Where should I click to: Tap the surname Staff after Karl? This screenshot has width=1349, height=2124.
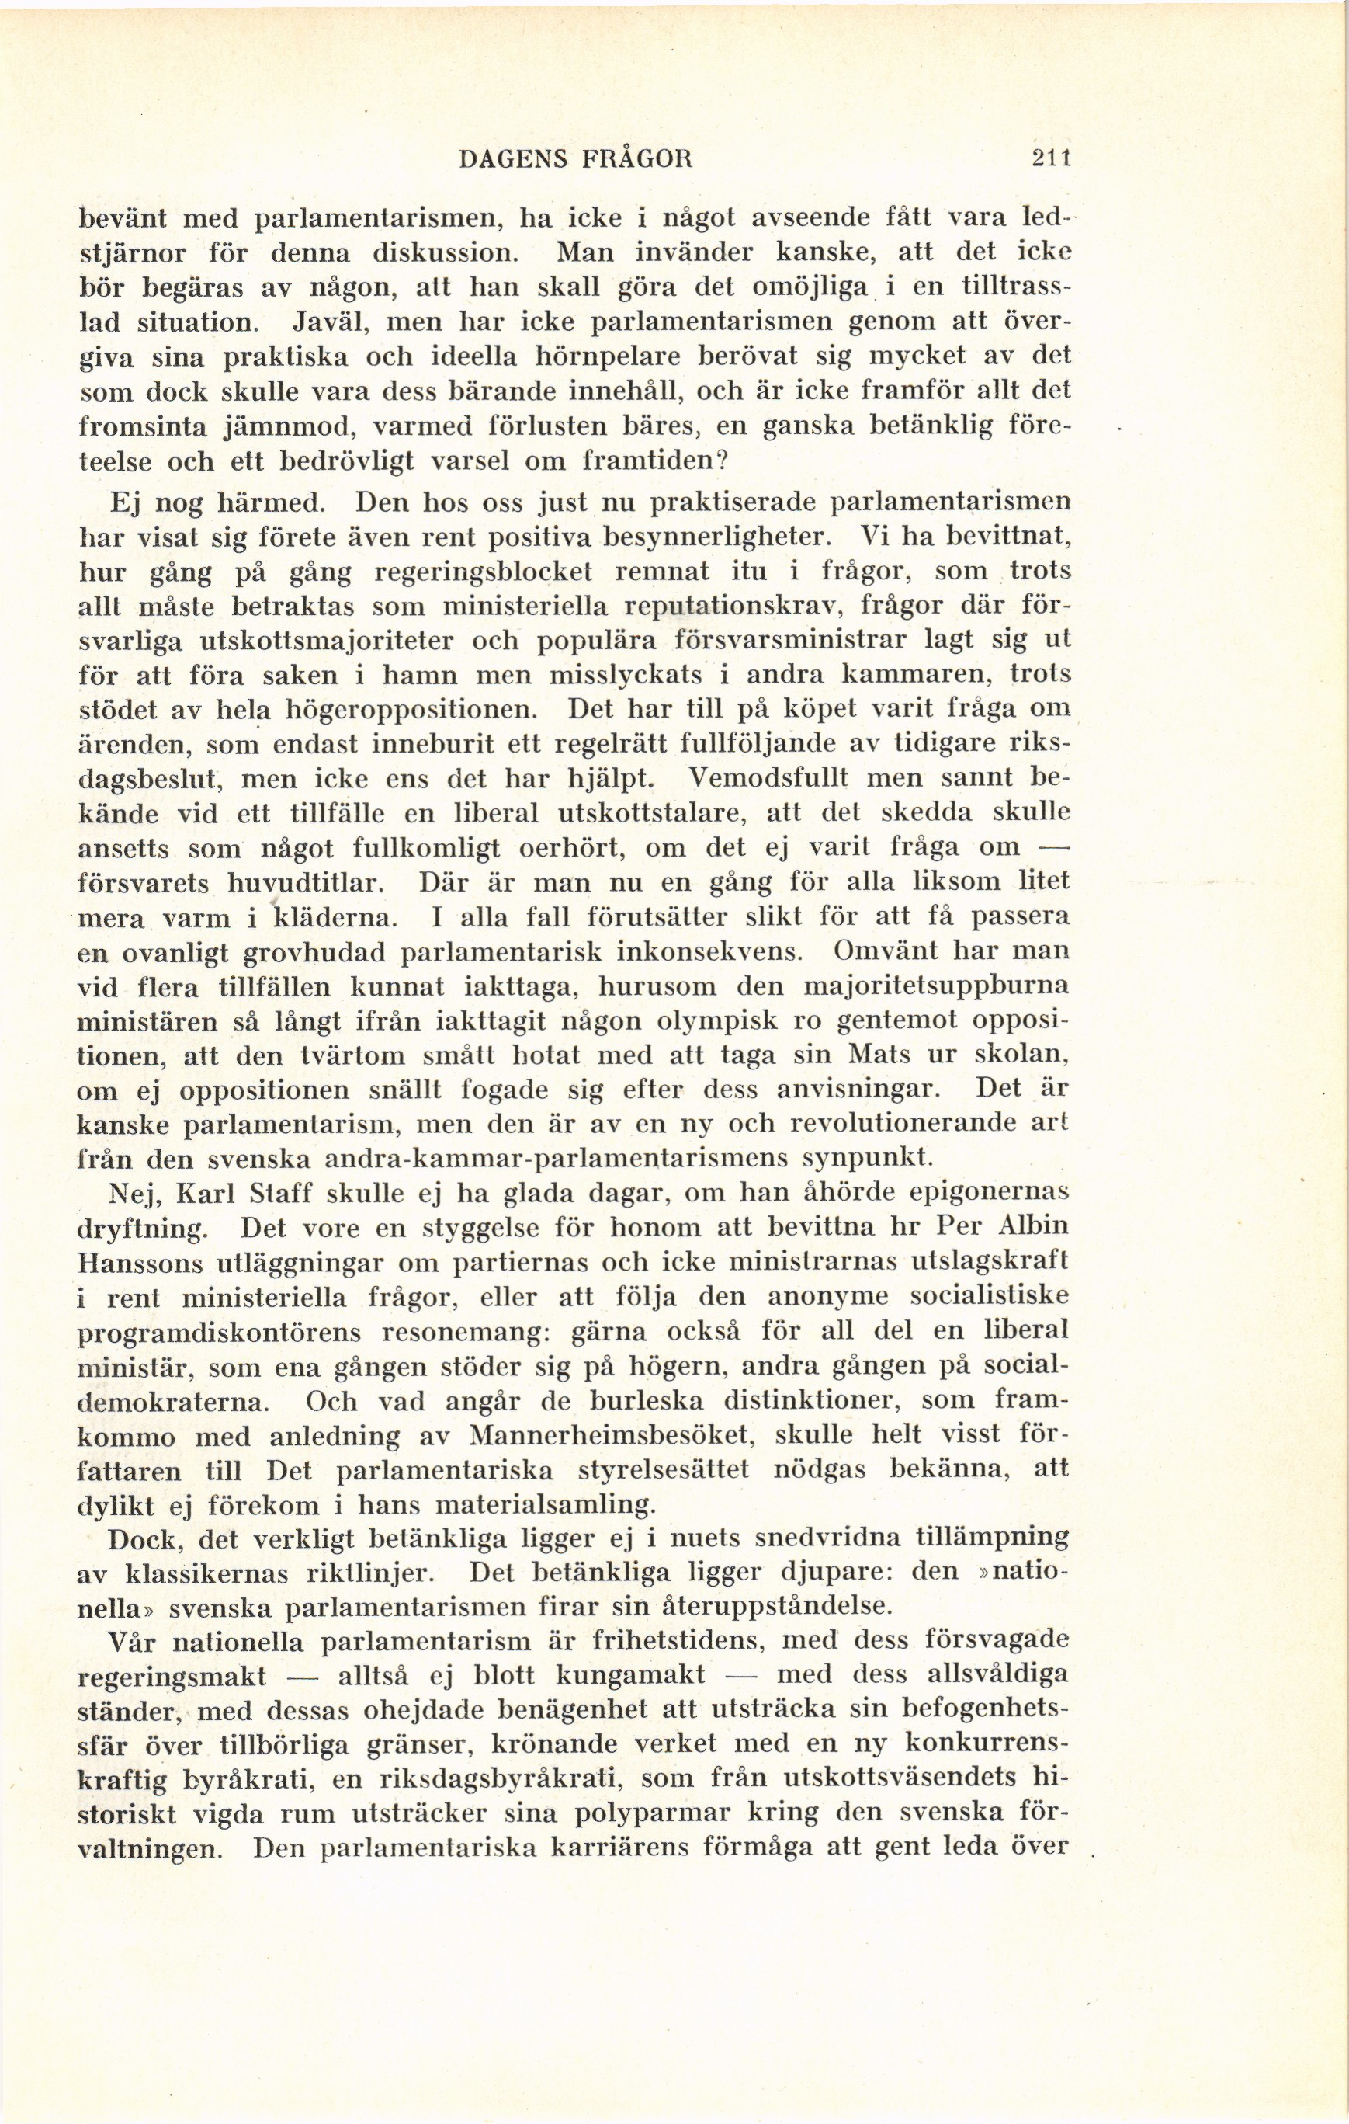pos(272,1194)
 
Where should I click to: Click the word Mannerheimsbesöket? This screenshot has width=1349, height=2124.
pos(610,1435)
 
